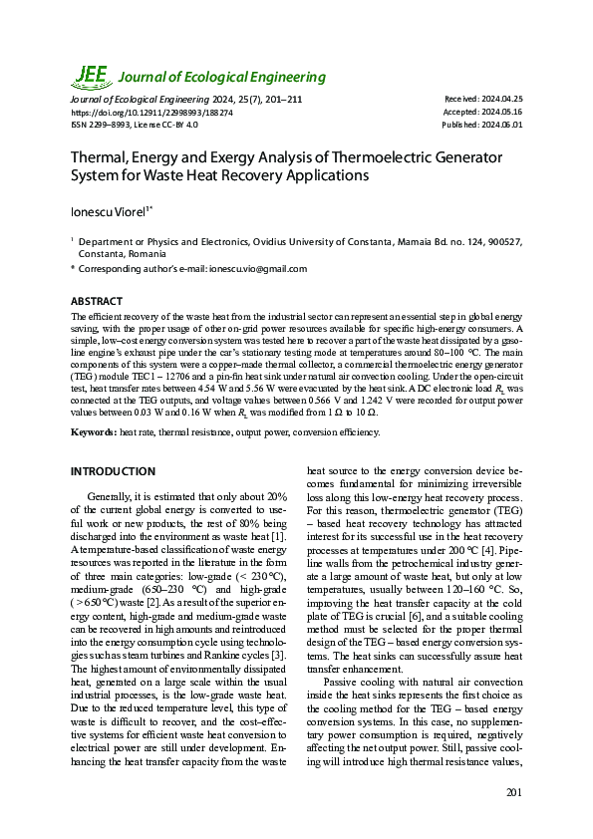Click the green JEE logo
click(x=92, y=76)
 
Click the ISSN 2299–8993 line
click(x=134, y=125)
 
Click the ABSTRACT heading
click(x=97, y=301)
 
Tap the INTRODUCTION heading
click(x=113, y=471)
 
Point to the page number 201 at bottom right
click(x=513, y=793)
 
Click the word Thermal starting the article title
click(x=99, y=157)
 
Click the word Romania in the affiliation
click(x=142, y=253)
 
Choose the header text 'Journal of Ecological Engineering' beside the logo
click(x=222, y=77)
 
